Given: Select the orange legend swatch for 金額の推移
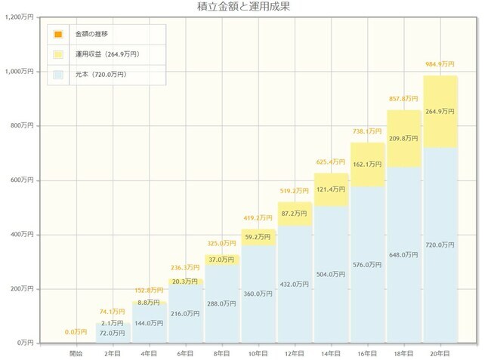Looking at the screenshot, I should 58,35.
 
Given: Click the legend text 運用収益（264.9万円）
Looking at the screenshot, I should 107,54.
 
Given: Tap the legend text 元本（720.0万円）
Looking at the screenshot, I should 101,74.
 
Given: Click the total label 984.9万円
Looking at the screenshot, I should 440,65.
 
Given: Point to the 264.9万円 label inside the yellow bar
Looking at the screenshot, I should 440,111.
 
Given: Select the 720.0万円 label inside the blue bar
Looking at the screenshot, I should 440,245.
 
